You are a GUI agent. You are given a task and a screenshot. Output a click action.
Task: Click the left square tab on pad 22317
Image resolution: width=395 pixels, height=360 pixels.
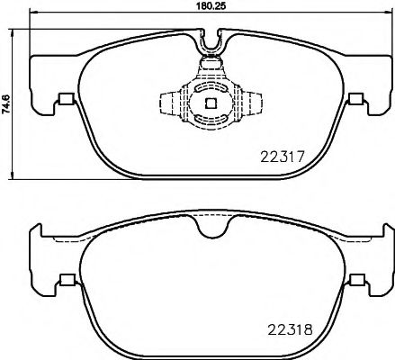tap(66, 100)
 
